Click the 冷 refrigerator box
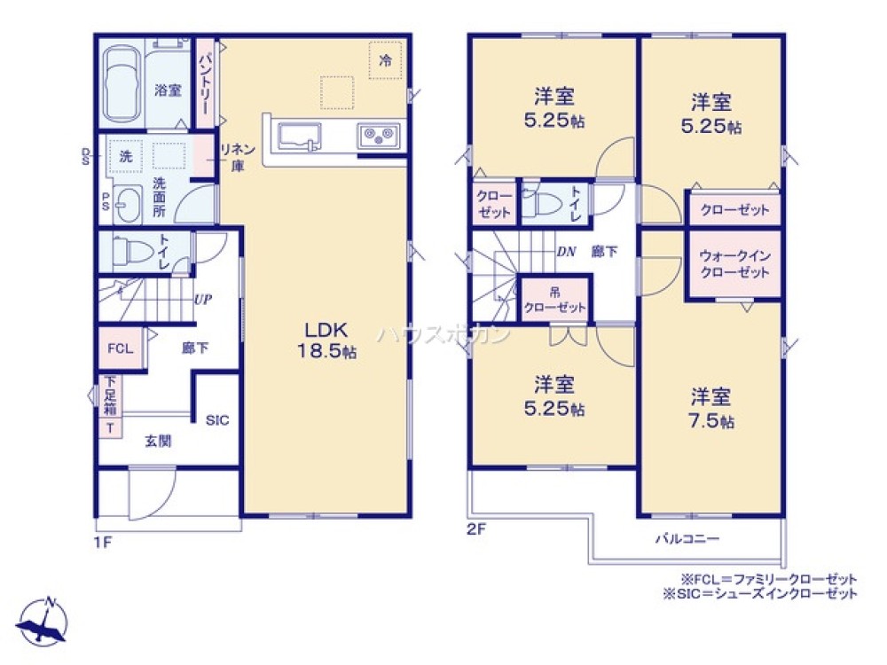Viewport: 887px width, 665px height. [x=385, y=60]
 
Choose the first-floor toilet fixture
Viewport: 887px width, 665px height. [x=132, y=252]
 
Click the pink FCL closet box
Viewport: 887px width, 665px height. [x=120, y=349]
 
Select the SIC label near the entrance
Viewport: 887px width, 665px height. [x=217, y=420]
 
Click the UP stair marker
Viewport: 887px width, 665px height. [x=202, y=299]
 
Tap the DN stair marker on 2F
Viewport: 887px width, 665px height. [x=567, y=251]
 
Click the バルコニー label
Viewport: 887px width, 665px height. [x=687, y=538]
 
